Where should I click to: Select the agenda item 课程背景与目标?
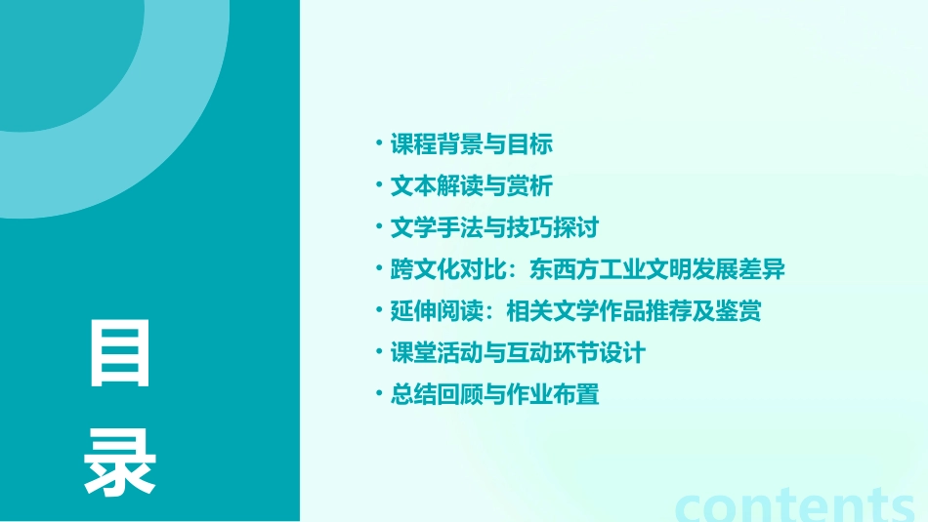[472, 144]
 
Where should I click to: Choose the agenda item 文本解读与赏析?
[472, 186]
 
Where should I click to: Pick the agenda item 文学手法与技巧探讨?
[493, 228]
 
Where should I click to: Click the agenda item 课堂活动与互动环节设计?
[518, 353]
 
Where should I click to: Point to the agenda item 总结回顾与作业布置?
[494, 395]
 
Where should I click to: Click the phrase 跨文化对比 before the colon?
[444, 270]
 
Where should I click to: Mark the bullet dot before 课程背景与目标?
[379, 143]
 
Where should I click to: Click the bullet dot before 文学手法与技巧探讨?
[379, 227]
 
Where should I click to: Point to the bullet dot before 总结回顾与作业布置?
[379, 394]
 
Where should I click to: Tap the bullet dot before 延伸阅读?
[379, 310]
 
